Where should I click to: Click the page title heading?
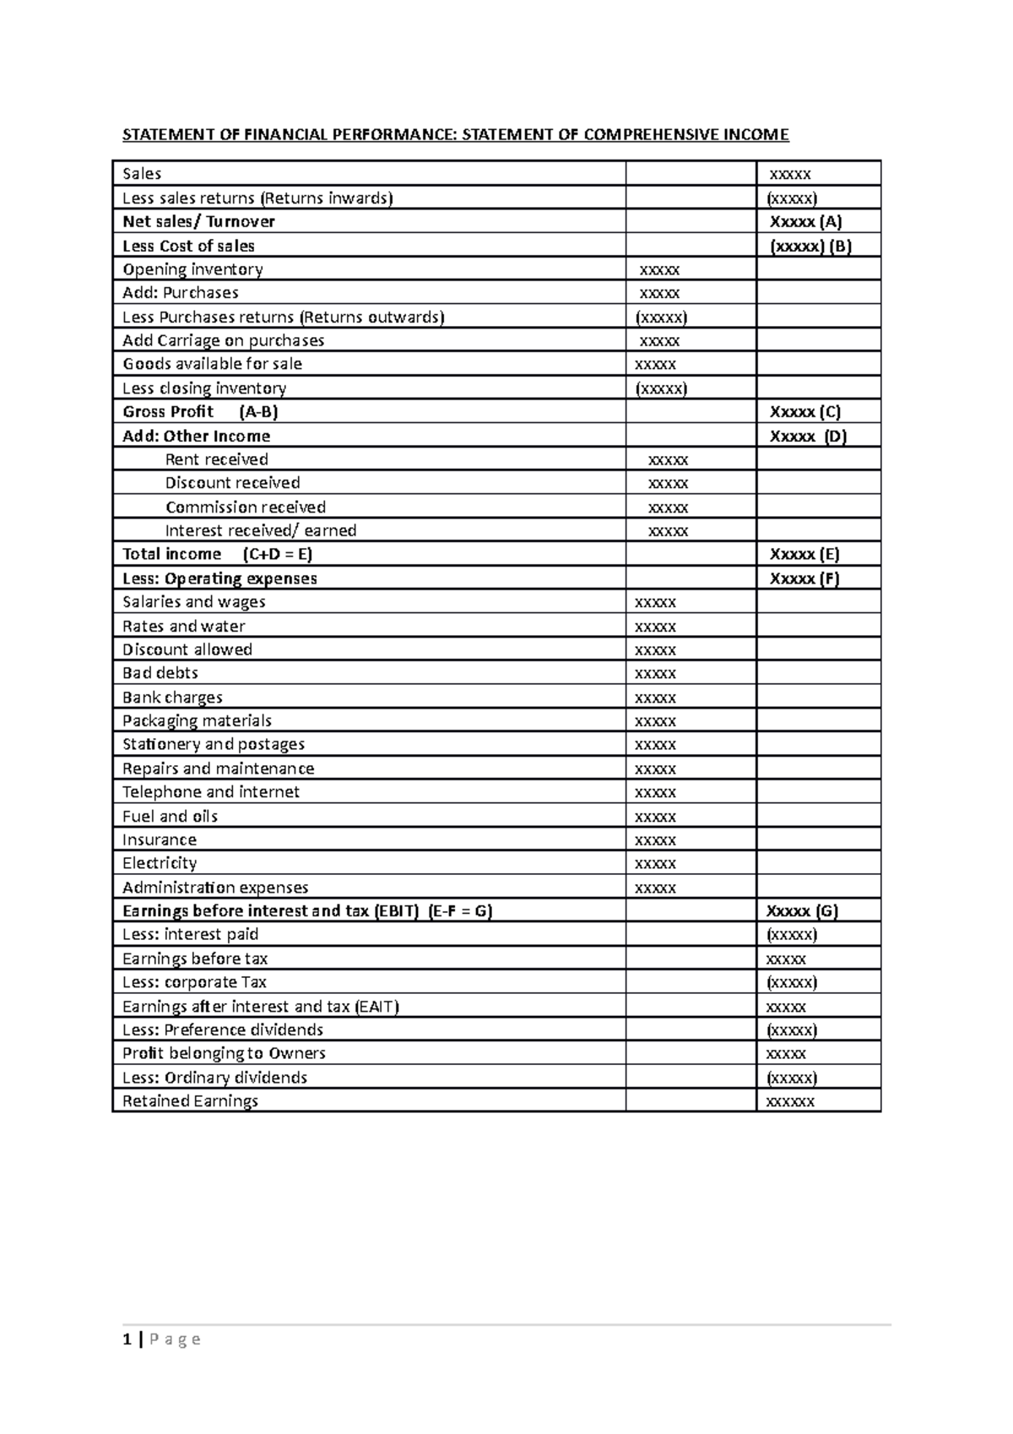click(x=456, y=134)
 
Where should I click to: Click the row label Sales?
click(x=142, y=174)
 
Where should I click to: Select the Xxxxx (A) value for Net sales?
click(x=805, y=221)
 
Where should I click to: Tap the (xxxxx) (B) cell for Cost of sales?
click(x=810, y=246)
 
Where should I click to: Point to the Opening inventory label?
click(x=192, y=269)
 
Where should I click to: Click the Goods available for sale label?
click(x=212, y=364)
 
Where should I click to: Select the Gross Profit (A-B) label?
click(x=200, y=412)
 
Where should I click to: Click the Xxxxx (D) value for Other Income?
click(x=808, y=436)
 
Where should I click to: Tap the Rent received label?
click(x=216, y=459)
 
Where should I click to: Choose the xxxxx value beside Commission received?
click(x=668, y=508)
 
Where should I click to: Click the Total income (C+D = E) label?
click(x=217, y=554)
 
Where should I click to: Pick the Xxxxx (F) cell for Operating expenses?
click(x=804, y=578)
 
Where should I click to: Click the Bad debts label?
click(x=160, y=673)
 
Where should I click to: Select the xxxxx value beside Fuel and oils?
click(x=655, y=817)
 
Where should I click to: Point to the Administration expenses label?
click(x=215, y=888)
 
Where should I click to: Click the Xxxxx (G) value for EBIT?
click(x=802, y=911)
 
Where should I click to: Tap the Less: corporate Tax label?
click(x=194, y=982)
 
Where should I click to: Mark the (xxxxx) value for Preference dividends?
click(x=791, y=1029)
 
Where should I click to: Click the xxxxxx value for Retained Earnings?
click(x=789, y=1101)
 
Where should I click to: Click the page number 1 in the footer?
click(x=127, y=1339)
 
